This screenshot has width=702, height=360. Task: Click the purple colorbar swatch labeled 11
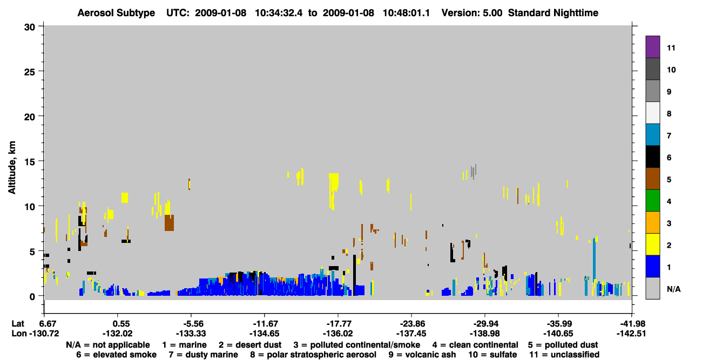[x=652, y=46]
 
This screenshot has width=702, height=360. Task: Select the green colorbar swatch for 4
[x=652, y=201]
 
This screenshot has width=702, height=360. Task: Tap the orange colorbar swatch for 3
[x=652, y=222]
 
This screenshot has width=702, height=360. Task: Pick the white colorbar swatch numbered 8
[x=652, y=113]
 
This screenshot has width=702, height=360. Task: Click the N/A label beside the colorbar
[x=673, y=289]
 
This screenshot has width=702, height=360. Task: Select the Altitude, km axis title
[x=12, y=168]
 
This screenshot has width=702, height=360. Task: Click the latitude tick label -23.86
[x=412, y=324]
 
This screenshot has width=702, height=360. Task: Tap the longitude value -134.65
[x=264, y=334]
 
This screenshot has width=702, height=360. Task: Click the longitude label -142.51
[x=631, y=334]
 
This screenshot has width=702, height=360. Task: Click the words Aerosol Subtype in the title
[x=116, y=13]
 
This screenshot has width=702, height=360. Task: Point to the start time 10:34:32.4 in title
[x=279, y=13]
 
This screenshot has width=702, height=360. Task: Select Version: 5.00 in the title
[x=471, y=13]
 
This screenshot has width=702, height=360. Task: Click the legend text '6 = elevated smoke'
[x=116, y=355]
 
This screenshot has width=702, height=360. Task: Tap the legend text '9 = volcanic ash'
[x=422, y=355]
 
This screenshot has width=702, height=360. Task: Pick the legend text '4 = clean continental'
[x=475, y=345]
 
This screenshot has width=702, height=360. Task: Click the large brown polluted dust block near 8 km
[x=169, y=223]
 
